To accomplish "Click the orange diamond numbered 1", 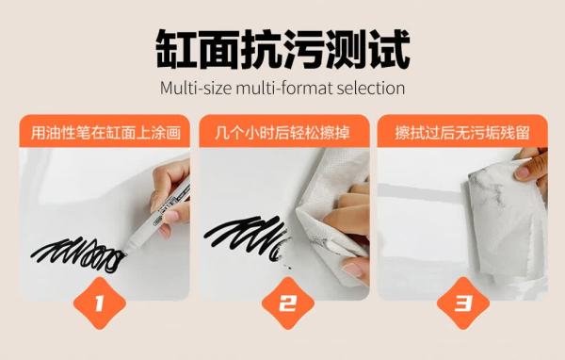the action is pyautogui.click(x=100, y=303).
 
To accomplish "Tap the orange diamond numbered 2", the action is pyautogui.click(x=288, y=303).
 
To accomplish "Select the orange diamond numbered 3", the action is pyautogui.click(x=463, y=303).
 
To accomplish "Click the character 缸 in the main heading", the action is pyautogui.click(x=176, y=49).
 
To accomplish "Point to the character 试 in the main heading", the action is pyautogui.click(x=389, y=49).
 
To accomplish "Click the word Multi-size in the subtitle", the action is pyautogui.click(x=196, y=88).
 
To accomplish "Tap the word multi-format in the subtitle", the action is pyautogui.click(x=283, y=89).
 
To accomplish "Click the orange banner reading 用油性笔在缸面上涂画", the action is pyautogui.click(x=105, y=131).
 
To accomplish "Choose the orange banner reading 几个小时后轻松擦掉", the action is pyautogui.click(x=284, y=131).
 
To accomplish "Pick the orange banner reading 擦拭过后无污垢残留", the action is pyautogui.click(x=462, y=131).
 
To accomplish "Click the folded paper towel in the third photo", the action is pyautogui.click(x=505, y=223).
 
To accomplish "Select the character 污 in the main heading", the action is pyautogui.click(x=304, y=49).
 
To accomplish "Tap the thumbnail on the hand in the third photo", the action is pyautogui.click(x=524, y=172).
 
